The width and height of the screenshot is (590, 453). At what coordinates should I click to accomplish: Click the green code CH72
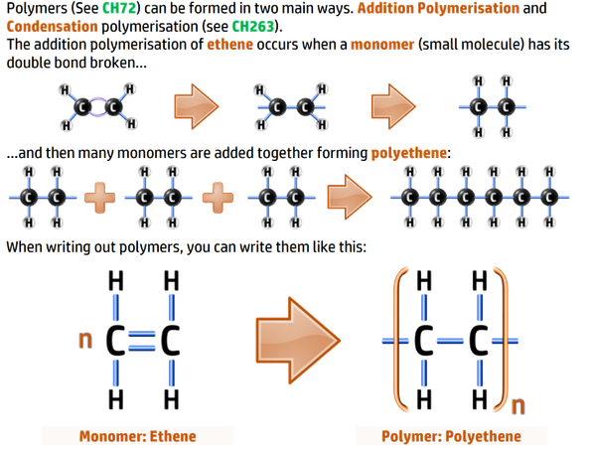click(x=119, y=8)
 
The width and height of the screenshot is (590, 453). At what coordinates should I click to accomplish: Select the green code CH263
click(x=253, y=27)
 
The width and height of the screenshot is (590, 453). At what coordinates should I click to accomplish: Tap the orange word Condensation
click(x=53, y=27)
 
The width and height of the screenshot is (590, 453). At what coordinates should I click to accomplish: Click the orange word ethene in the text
click(x=229, y=45)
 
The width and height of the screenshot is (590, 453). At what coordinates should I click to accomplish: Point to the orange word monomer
click(x=382, y=45)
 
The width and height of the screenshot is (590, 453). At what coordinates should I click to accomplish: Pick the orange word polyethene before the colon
click(x=409, y=153)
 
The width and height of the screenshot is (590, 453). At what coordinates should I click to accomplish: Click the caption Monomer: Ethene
click(x=138, y=436)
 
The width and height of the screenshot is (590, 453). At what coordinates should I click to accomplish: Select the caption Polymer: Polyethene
click(x=451, y=436)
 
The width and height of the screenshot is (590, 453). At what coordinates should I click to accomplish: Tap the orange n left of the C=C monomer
click(x=85, y=340)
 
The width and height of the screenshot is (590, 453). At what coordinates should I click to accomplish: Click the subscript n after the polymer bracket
click(x=518, y=405)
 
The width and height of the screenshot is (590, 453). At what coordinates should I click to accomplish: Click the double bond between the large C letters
click(x=142, y=341)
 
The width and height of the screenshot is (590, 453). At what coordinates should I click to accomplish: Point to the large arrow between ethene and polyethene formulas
click(x=298, y=341)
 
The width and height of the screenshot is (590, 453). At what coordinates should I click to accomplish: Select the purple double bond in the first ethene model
click(x=97, y=107)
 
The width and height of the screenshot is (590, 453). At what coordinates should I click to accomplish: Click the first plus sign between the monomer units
click(x=99, y=198)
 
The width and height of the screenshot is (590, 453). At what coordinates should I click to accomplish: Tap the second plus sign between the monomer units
click(x=218, y=198)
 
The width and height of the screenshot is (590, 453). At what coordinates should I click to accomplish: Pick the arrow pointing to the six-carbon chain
click(x=350, y=197)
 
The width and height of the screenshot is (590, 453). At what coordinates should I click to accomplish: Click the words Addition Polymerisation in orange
click(x=438, y=8)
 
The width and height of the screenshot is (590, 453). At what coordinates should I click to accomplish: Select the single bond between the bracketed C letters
click(x=450, y=342)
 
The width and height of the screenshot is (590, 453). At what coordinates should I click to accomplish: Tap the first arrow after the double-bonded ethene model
click(x=197, y=106)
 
